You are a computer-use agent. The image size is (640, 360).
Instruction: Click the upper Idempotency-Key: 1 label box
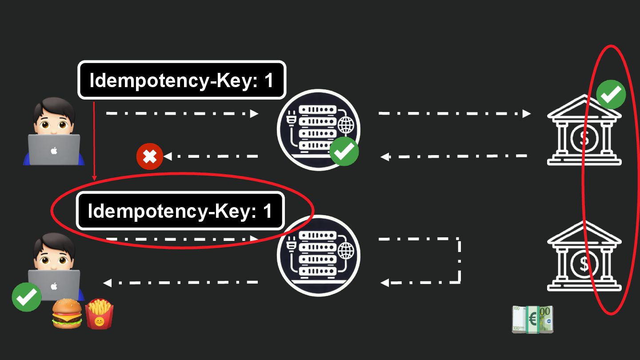182,80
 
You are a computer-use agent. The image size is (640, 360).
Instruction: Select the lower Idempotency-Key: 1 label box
180,211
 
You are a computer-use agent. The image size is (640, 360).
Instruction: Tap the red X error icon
150,156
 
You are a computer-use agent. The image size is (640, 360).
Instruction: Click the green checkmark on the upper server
344,151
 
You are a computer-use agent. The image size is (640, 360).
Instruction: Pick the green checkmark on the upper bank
611,94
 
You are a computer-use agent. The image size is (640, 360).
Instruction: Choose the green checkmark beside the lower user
27,297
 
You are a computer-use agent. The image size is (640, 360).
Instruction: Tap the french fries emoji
99,314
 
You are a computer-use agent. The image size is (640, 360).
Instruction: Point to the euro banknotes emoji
532,319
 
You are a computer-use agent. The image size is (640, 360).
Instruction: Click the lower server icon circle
318,256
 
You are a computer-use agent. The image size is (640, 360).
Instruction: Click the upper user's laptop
54,149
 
